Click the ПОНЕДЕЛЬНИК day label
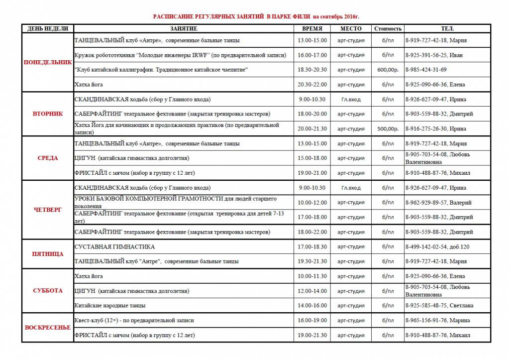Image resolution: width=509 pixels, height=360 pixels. tap(48, 62)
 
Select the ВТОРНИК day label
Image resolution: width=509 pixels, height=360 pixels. tap(48, 114)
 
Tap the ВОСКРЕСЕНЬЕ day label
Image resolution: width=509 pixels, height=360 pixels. tap(48, 328)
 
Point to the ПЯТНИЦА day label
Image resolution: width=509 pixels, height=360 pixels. tap(48, 254)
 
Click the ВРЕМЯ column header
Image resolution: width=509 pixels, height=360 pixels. tap(312, 29)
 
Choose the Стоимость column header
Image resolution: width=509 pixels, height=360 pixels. tap(388, 29)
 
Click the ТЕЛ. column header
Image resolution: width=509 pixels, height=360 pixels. tap(447, 29)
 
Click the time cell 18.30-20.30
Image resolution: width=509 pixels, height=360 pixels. tap(312, 70)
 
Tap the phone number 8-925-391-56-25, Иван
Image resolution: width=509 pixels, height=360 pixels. tap(434, 55)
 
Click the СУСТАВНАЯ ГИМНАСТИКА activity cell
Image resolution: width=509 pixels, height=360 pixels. tap(114, 247)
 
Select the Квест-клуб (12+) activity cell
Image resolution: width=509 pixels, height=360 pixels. tap(134, 321)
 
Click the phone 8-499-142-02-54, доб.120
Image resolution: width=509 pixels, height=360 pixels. tap(437, 247)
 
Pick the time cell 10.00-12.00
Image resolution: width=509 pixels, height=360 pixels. tap(312, 203)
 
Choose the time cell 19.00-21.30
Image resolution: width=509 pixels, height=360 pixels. tap(312, 335)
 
